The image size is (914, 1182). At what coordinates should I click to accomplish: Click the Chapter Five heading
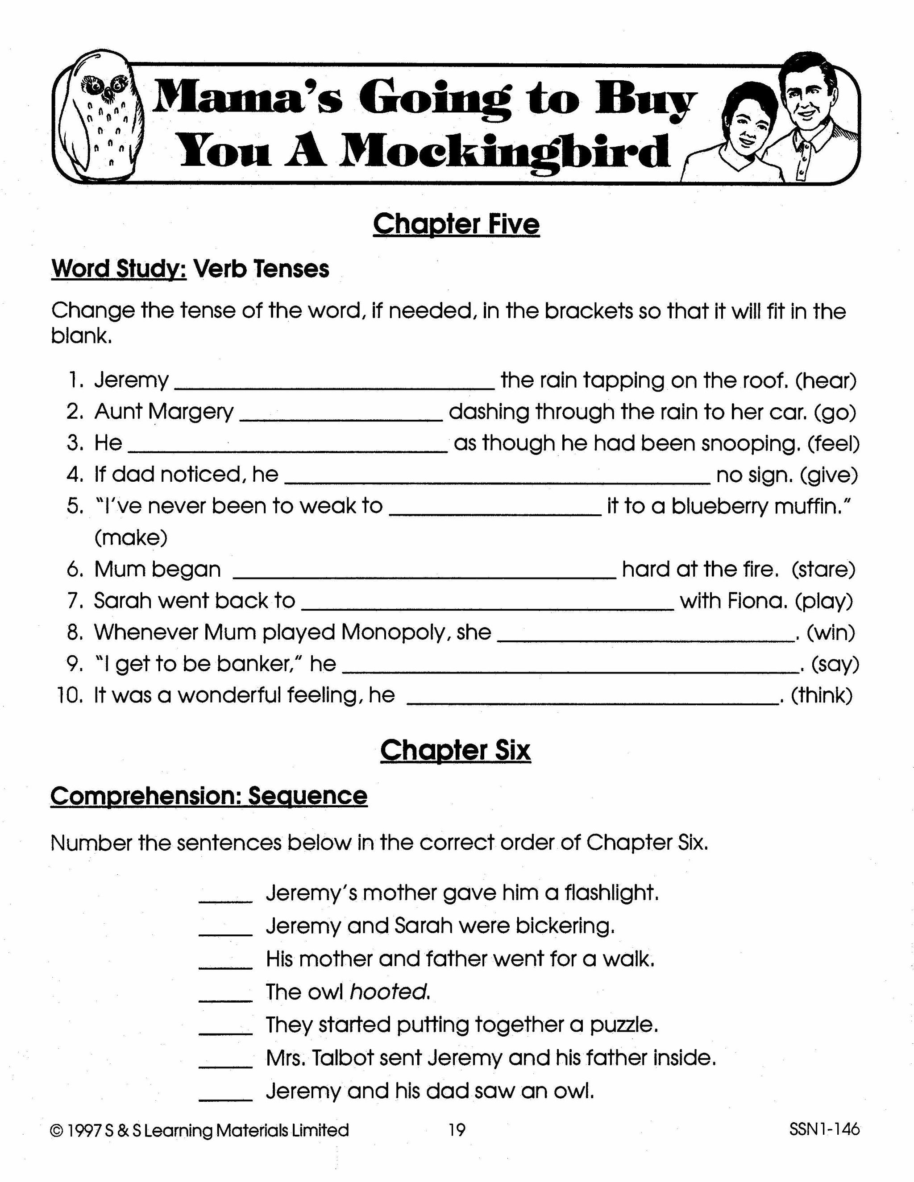pyautogui.click(x=456, y=224)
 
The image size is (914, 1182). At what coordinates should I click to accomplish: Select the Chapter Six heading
pyautogui.click(x=455, y=751)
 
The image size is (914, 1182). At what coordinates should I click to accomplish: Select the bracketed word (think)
pyautogui.click(x=822, y=695)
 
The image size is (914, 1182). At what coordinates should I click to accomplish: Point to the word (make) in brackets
pyautogui.click(x=130, y=538)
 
